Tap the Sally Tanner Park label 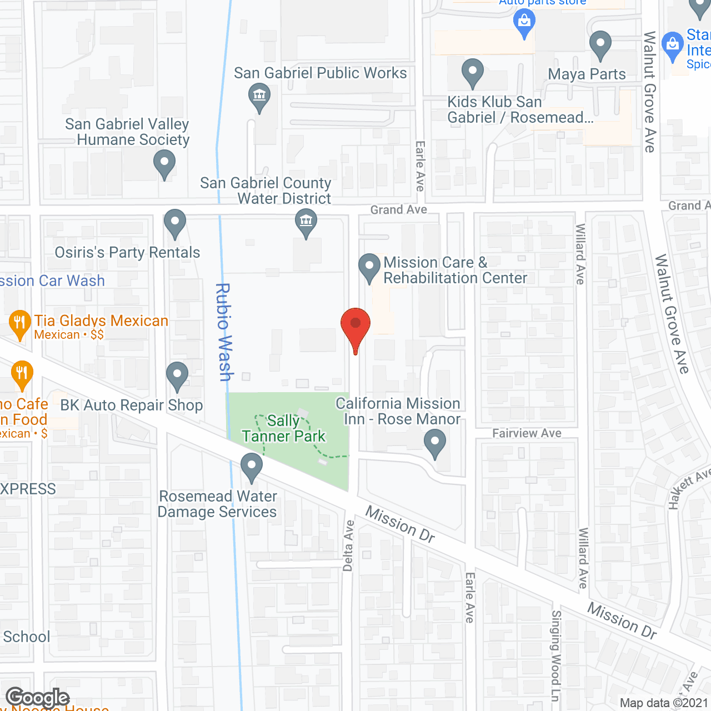[x=284, y=428]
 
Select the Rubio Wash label [x=223, y=332]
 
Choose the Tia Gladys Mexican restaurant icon [x=20, y=323]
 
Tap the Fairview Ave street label [x=527, y=433]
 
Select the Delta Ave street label [x=348, y=545]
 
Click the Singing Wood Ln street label [x=555, y=655]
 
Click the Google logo [x=38, y=698]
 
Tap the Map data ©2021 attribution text [x=664, y=703]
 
